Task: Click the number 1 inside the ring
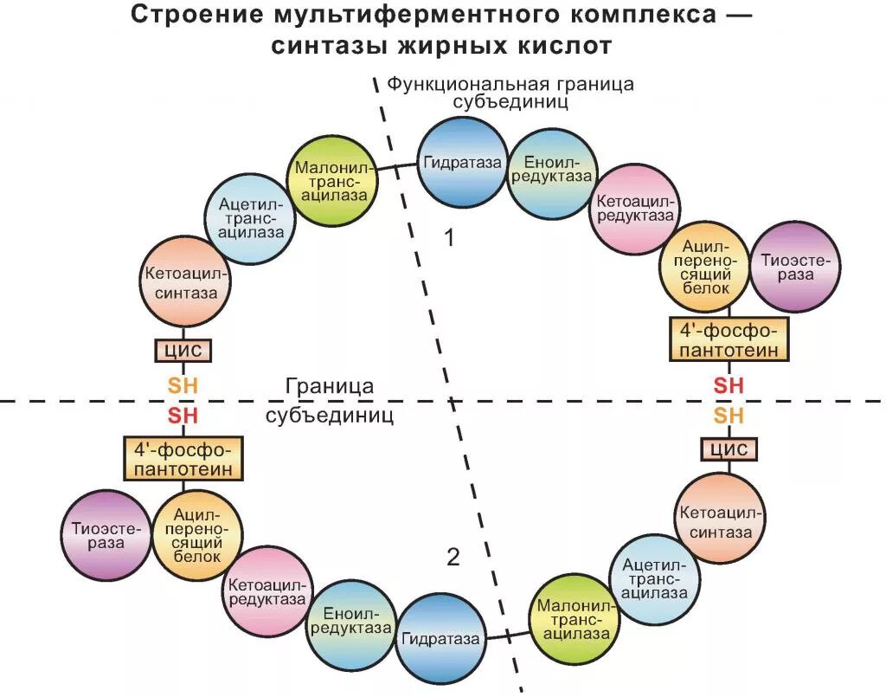coord(449,237)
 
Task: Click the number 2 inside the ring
coord(453,558)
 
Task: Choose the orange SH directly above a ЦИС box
coord(728,416)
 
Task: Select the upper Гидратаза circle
coord(462,163)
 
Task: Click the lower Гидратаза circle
coord(440,639)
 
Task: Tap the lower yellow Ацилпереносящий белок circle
coord(197,534)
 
